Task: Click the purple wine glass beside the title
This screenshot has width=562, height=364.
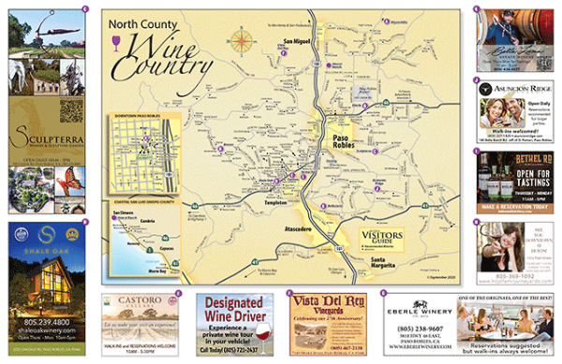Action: pos(116,40)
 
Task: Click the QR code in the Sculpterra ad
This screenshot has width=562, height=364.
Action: pos(67,110)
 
